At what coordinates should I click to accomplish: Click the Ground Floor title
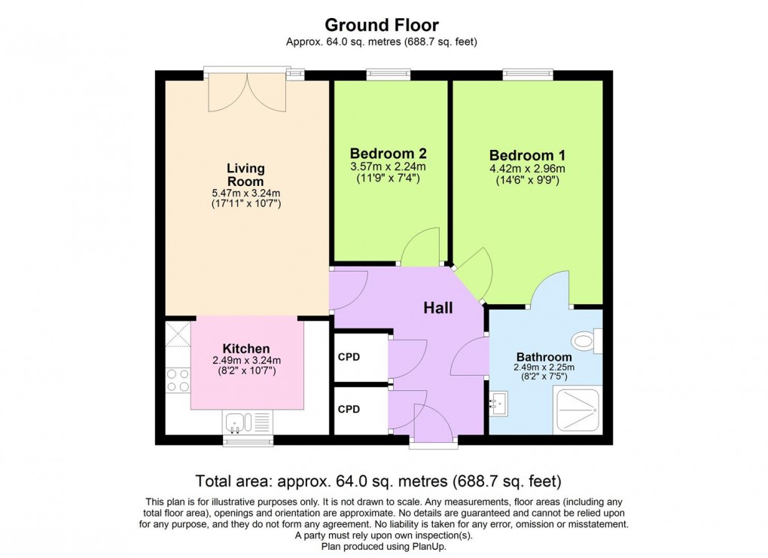coord(381,26)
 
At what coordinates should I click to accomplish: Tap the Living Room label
coord(246,175)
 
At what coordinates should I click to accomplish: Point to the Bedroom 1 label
coord(526,154)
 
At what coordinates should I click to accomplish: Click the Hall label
coord(437,307)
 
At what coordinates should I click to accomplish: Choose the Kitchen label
coord(246,349)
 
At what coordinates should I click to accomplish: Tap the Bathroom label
coord(544,356)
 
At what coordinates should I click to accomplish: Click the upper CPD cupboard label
coord(349,356)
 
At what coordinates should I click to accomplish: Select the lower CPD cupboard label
coord(349,409)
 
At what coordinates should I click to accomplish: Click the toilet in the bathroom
coord(587,340)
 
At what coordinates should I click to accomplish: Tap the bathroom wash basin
coord(498,403)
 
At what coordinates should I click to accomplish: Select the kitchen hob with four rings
coord(178,380)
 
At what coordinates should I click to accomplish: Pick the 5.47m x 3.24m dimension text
coord(246,193)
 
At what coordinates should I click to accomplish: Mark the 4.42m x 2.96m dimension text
coord(526,169)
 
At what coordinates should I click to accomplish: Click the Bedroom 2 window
coord(389,75)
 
